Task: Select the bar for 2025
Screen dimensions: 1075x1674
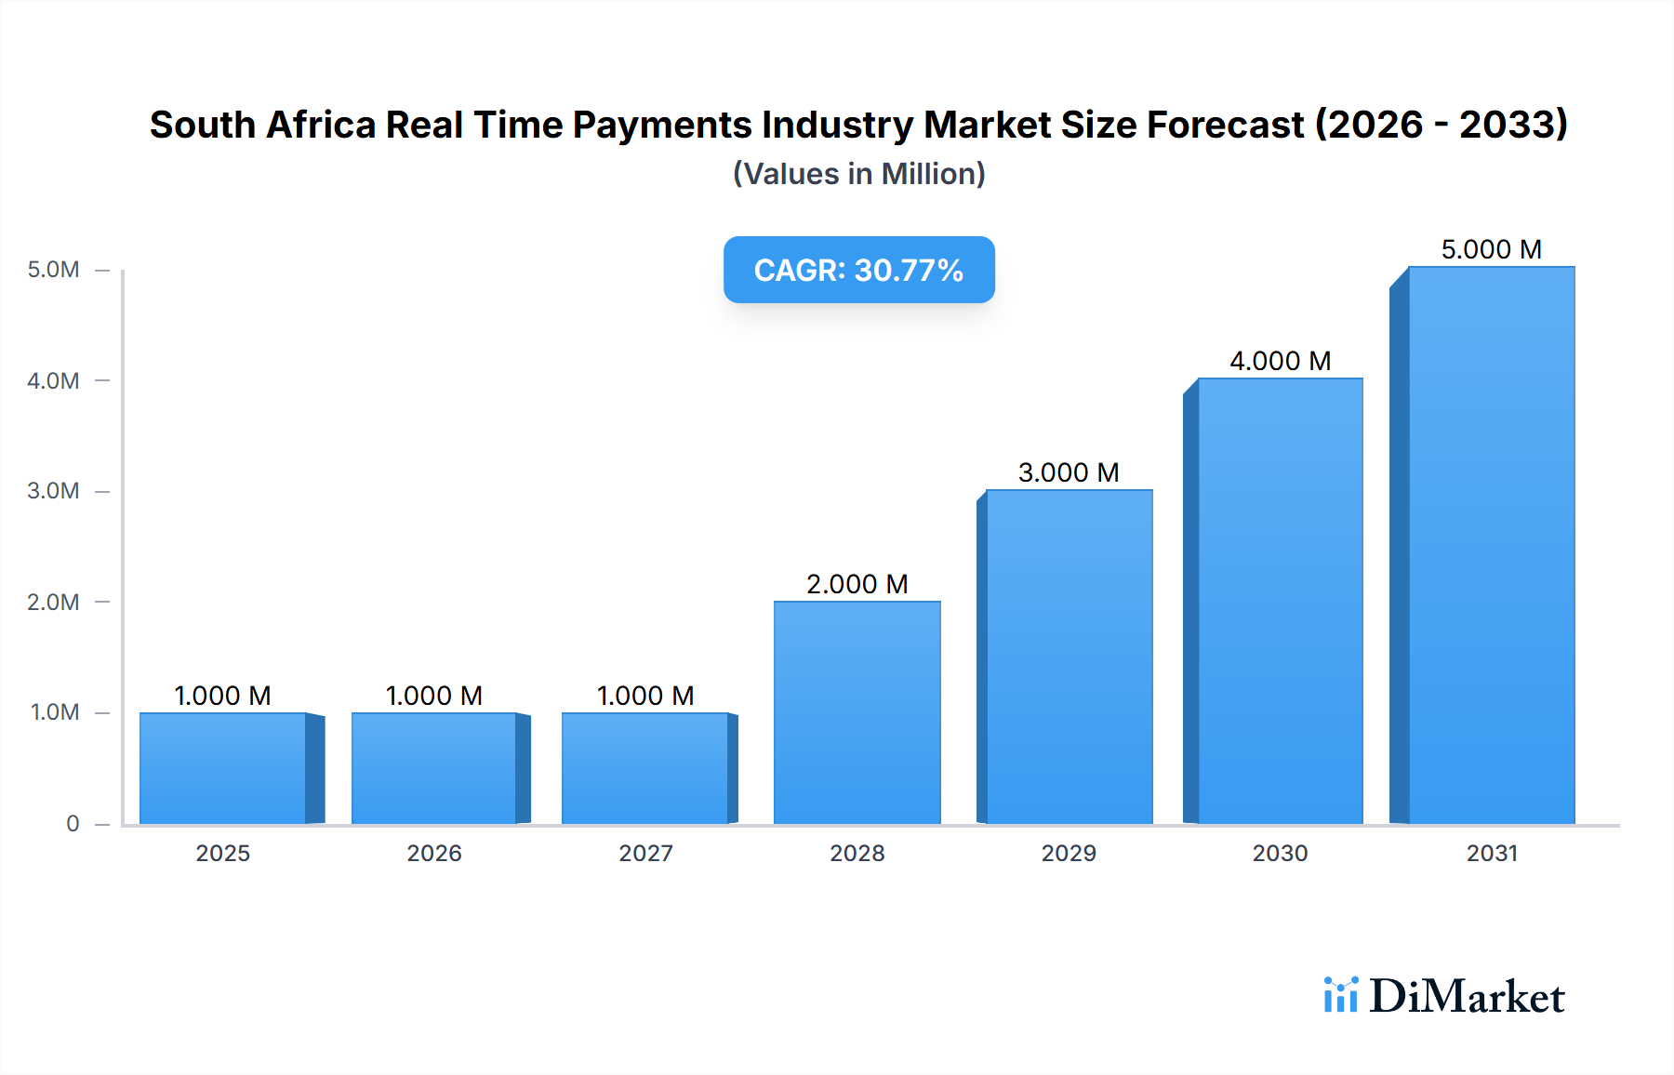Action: click(x=223, y=768)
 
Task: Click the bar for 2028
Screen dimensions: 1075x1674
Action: click(x=857, y=712)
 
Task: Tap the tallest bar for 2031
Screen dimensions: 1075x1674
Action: click(x=1491, y=545)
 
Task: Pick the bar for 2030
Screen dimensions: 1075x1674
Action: click(x=1280, y=601)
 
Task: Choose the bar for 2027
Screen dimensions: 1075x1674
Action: click(x=645, y=768)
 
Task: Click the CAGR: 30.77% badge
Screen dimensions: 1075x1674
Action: click(x=858, y=270)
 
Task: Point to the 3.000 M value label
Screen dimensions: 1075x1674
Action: click(x=1068, y=472)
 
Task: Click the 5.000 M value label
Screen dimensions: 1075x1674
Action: click(x=1491, y=249)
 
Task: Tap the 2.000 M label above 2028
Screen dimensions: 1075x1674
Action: click(x=857, y=584)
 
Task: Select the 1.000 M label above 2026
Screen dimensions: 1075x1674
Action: click(x=433, y=696)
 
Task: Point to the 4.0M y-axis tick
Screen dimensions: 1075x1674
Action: click(x=53, y=380)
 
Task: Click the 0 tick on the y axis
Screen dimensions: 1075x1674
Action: click(x=73, y=823)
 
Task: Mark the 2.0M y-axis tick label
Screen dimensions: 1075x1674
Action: click(x=53, y=602)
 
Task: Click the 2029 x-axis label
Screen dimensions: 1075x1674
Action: click(x=1068, y=853)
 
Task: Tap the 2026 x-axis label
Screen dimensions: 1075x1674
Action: click(x=433, y=853)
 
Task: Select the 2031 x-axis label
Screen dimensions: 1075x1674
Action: click(x=1491, y=853)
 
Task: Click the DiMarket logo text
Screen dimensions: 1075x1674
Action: click(x=1467, y=997)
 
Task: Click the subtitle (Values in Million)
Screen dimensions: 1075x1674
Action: click(x=858, y=174)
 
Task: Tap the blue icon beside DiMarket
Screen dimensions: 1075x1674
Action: click(x=1340, y=995)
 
